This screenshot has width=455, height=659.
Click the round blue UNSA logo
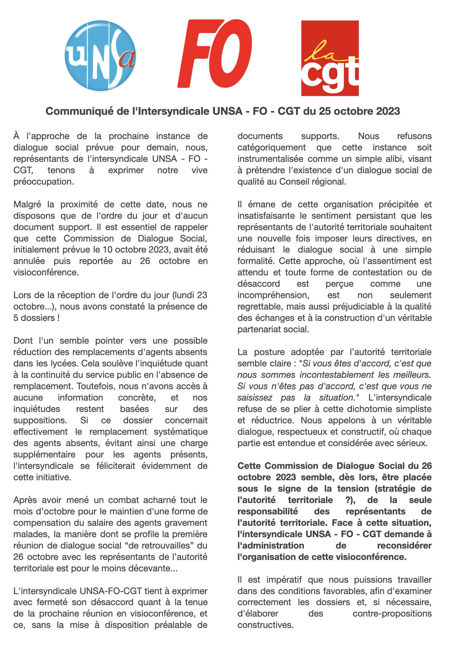pyautogui.click(x=100, y=56)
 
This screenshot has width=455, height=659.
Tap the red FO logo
pyautogui.click(x=215, y=54)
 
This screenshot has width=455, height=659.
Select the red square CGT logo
pyautogui.click(x=330, y=58)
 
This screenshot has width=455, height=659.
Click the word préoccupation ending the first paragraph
pyautogui.click(x=43, y=182)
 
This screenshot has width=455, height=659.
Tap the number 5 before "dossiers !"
pyautogui.click(x=16, y=318)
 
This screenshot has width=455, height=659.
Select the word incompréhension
pyautogui.click(x=273, y=295)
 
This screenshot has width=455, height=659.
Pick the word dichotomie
pyautogui.click(x=369, y=409)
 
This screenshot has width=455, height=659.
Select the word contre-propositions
pyautogui.click(x=392, y=614)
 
